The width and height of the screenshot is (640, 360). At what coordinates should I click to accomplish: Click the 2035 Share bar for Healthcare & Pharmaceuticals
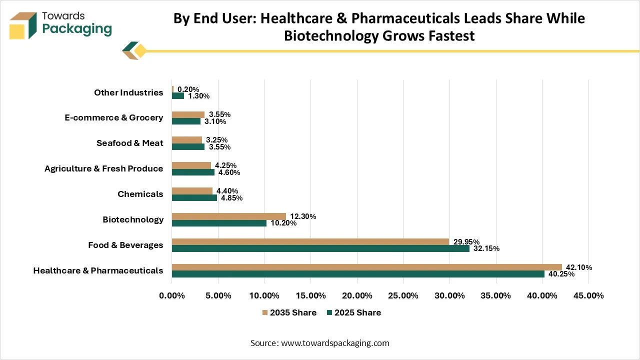(x=367, y=267)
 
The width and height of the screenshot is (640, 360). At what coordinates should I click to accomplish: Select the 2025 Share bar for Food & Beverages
(x=320, y=248)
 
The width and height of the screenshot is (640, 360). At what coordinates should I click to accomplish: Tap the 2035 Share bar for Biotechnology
(x=229, y=216)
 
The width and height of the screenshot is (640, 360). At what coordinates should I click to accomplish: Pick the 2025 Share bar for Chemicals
(x=194, y=197)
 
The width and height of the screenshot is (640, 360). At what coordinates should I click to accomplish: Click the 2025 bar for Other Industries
(x=178, y=95)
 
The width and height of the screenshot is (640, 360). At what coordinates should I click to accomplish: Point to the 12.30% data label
(x=303, y=216)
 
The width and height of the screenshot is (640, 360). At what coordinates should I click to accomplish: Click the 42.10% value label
(x=579, y=267)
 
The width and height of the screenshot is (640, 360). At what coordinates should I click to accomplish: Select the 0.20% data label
(x=188, y=89)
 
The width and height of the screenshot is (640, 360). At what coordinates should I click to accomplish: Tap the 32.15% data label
(x=486, y=248)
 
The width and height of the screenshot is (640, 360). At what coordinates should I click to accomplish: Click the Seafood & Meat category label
(x=129, y=143)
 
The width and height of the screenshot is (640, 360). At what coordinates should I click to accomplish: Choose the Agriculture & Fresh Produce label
(x=103, y=168)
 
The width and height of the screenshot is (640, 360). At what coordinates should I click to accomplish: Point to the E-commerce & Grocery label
(x=113, y=117)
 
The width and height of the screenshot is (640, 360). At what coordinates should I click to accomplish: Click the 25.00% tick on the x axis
(x=403, y=295)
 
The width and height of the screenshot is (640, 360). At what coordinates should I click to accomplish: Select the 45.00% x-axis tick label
(x=588, y=295)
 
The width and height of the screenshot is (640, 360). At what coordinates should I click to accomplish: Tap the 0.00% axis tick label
(x=172, y=295)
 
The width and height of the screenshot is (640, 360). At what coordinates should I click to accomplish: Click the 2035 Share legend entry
(x=289, y=312)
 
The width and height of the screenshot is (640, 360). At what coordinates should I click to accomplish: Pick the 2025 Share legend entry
(x=354, y=312)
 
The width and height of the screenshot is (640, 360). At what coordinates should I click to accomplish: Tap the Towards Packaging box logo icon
(x=23, y=25)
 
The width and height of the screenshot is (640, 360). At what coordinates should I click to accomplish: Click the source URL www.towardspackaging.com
(x=335, y=343)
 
